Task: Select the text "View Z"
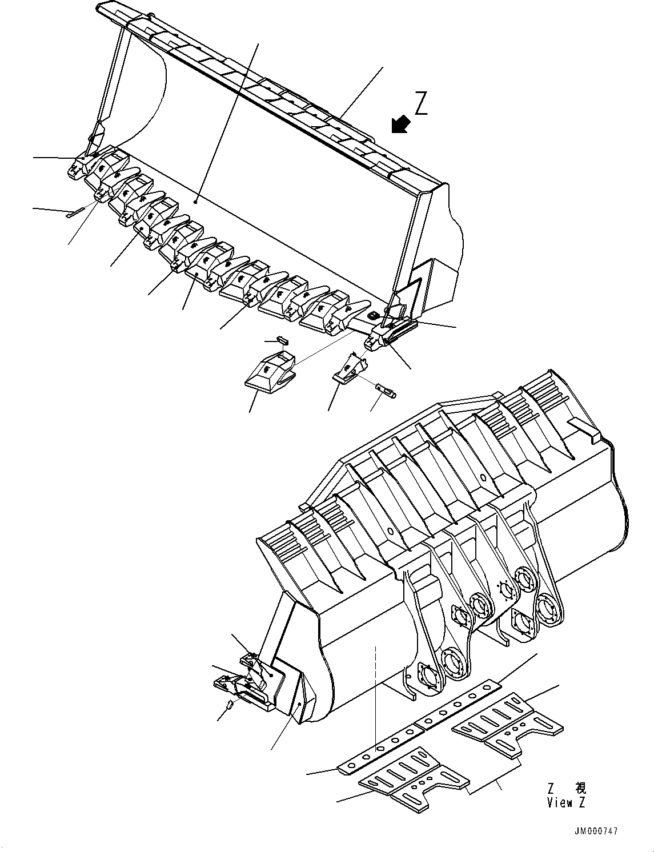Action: pyautogui.click(x=566, y=802)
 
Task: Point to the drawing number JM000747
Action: pyautogui.click(x=596, y=832)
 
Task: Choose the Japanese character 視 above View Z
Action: pyautogui.click(x=580, y=789)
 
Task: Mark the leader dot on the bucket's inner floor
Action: pyautogui.click(x=196, y=202)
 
